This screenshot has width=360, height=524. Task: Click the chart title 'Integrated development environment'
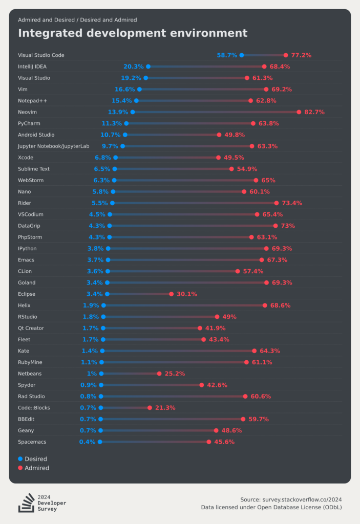tap(133, 33)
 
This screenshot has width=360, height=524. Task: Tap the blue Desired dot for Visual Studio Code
tap(242, 55)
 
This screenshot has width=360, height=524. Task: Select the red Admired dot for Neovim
tap(299, 112)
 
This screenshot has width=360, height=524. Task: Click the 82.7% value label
tap(314, 112)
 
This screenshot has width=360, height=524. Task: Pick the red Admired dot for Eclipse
tap(172, 294)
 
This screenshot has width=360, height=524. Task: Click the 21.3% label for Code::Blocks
tap(165, 408)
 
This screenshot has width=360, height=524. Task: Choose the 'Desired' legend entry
tap(35, 459)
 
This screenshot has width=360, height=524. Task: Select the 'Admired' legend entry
tap(36, 468)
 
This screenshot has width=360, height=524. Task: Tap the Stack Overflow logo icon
tap(26, 503)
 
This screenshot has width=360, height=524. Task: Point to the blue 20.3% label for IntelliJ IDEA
tap(133, 67)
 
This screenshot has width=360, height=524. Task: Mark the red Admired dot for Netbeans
tap(159, 374)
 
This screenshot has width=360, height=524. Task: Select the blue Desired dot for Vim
tap(139, 89)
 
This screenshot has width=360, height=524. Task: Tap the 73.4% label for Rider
tap(292, 203)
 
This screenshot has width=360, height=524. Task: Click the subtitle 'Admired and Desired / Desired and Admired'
tap(77, 20)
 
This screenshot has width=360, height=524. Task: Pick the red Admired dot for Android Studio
tap(219, 135)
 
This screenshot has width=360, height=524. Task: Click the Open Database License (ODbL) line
tap(271, 508)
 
